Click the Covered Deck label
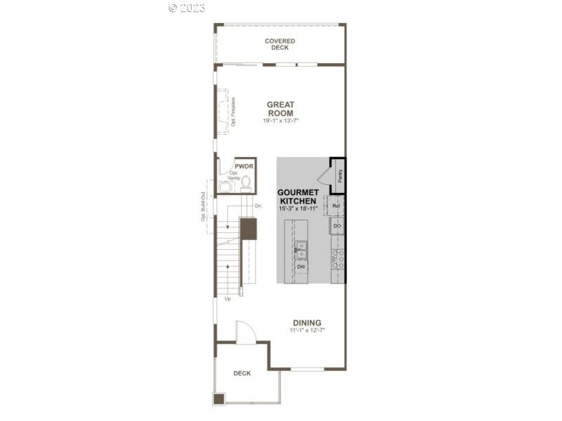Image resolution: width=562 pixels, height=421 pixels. click(280, 44)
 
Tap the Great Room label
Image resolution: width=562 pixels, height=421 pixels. click(280, 109)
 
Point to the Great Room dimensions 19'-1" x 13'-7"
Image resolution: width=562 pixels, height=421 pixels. click(280, 121)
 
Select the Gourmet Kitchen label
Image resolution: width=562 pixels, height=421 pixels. click(298, 196)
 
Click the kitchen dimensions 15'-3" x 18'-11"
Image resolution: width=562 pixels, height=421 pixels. click(298, 208)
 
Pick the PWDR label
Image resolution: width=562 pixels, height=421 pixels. click(243, 166)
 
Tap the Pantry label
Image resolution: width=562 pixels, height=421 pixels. click(339, 175)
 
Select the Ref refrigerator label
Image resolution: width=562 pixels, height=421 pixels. click(336, 206)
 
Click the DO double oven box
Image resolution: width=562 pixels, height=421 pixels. click(337, 227)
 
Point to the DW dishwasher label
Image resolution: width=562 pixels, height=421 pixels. click(300, 267)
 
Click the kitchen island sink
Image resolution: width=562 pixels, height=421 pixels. click(300, 247)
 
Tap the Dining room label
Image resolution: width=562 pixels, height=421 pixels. click(307, 323)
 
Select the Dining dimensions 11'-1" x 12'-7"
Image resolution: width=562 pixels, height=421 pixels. click(307, 330)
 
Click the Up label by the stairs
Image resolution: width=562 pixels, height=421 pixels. click(227, 299)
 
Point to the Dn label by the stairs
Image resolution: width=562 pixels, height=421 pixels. click(258, 206)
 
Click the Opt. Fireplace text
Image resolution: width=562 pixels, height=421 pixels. click(233, 112)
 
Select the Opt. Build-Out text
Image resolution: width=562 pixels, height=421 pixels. click(204, 207)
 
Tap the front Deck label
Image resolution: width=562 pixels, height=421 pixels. click(242, 373)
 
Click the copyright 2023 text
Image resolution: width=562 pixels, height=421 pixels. click(187, 8)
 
